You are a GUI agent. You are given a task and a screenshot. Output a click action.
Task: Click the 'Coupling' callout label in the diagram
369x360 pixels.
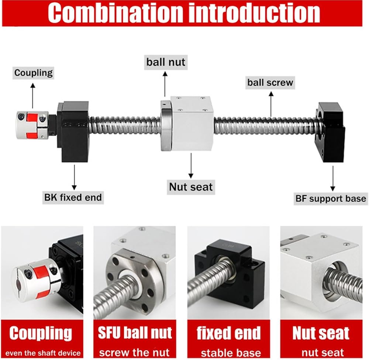point(33,73)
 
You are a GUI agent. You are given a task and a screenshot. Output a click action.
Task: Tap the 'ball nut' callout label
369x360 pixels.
point(166,62)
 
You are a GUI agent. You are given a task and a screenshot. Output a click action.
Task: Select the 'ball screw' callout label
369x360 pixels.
point(270,83)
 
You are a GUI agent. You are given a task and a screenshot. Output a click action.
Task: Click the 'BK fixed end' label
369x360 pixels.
point(73,197)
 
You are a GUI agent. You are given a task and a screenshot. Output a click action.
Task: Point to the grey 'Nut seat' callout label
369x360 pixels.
point(191,187)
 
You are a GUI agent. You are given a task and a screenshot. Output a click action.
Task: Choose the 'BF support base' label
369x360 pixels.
point(331,199)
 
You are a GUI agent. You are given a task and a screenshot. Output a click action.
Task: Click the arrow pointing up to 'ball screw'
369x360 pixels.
point(271,104)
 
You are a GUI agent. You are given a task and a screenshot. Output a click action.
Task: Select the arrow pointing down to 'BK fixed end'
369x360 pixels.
point(75,177)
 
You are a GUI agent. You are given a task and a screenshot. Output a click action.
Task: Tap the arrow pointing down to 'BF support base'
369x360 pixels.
point(333,179)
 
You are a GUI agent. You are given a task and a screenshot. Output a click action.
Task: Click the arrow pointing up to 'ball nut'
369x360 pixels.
point(165,84)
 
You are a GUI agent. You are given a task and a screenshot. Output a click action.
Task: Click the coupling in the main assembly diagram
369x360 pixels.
point(32,125)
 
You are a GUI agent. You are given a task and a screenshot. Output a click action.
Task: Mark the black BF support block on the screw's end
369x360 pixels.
point(331,132)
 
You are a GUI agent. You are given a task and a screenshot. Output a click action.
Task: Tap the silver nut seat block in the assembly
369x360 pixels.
point(192,123)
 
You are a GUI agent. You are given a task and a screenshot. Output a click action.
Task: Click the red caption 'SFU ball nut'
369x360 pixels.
point(135,333)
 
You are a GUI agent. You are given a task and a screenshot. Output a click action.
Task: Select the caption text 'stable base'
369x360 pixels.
point(231,353)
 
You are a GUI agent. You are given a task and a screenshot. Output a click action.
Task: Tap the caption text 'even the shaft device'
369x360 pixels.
point(43,353)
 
